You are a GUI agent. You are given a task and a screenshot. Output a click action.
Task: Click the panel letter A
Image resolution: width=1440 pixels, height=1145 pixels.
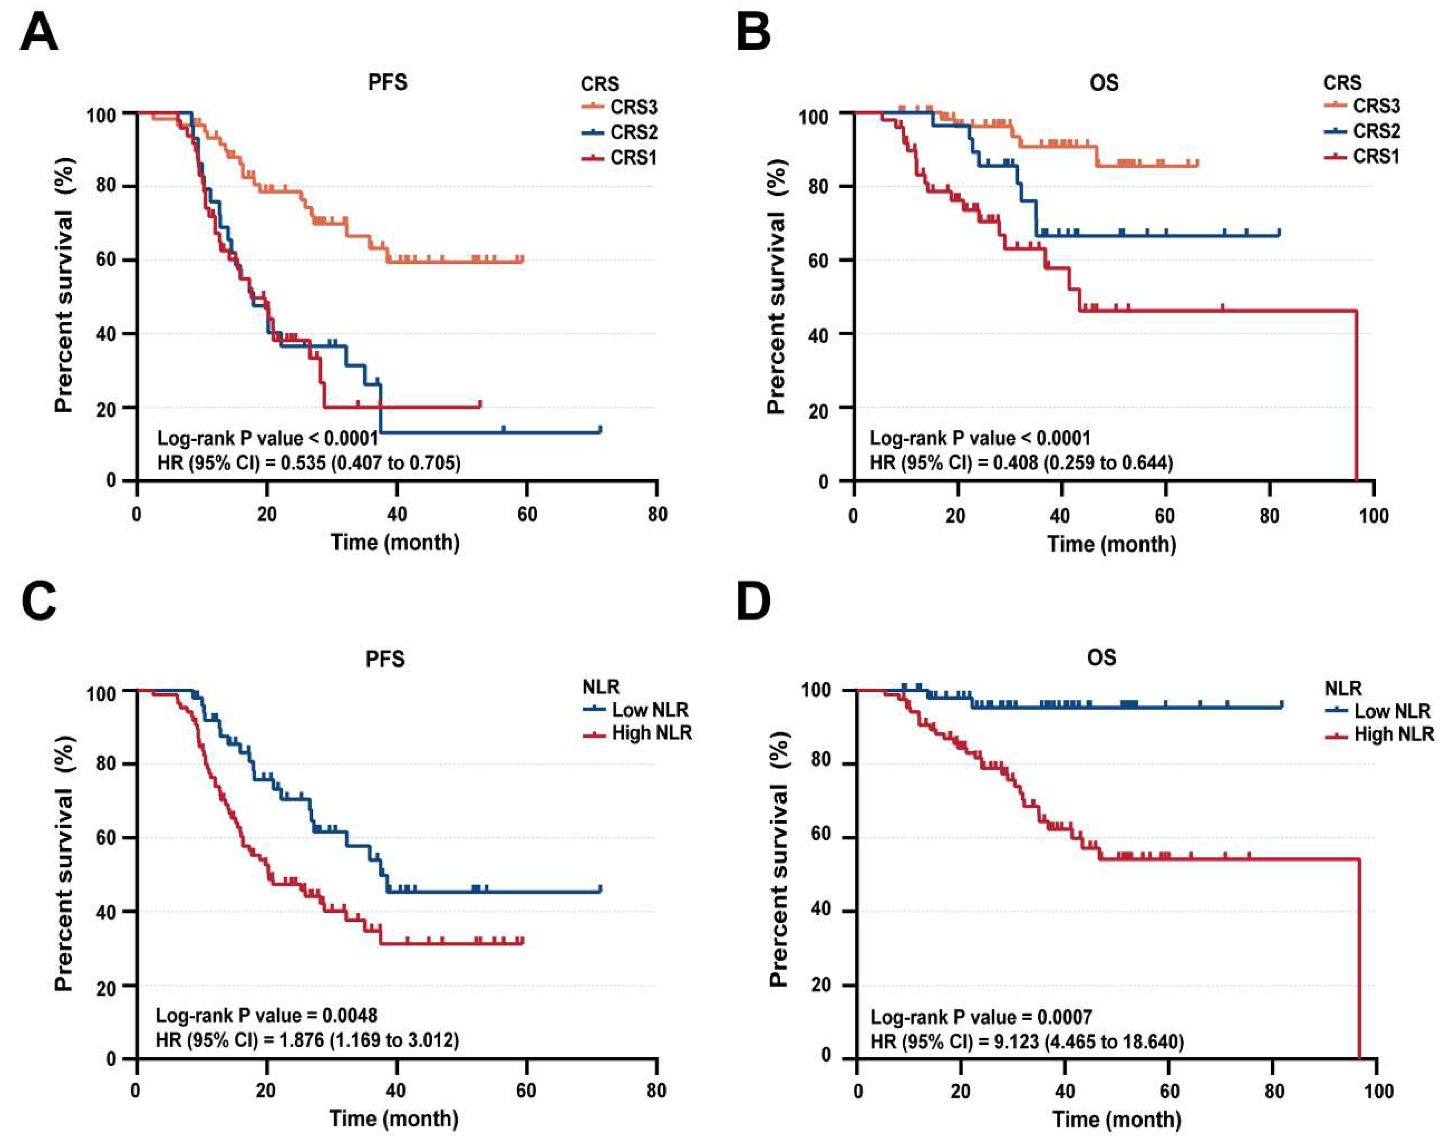tap(39, 34)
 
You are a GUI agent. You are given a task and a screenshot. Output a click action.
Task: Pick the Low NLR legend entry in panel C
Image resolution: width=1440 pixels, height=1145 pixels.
tap(636, 710)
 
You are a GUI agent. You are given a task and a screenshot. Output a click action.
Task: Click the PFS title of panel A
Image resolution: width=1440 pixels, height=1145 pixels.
tap(387, 82)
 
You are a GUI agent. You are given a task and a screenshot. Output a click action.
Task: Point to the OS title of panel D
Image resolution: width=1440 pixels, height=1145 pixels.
tap(1101, 658)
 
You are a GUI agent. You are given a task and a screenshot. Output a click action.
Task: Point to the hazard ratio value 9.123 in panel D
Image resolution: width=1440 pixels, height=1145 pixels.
tap(1017, 1042)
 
